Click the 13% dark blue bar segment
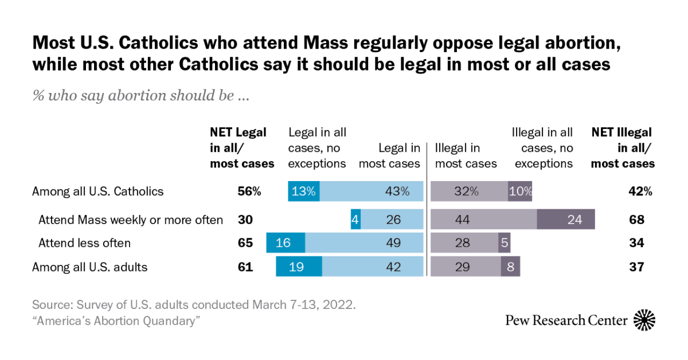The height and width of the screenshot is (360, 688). (x=303, y=191)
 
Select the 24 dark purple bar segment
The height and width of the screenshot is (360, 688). (x=565, y=220)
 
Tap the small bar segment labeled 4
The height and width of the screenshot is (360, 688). (x=355, y=220)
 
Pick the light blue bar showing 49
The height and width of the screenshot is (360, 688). (x=364, y=243)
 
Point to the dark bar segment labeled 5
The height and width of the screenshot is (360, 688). (x=505, y=243)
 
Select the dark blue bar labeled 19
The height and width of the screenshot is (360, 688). (x=299, y=267)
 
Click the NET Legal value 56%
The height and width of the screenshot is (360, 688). (x=249, y=191)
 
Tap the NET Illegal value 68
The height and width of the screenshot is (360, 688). (x=636, y=220)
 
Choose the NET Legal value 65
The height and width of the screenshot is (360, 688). (x=245, y=243)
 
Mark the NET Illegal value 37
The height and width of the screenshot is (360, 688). (x=636, y=267)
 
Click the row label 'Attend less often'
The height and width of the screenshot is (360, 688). (x=84, y=243)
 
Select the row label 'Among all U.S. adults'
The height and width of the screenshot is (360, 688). (x=90, y=267)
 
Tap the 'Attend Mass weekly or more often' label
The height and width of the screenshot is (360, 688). (x=130, y=220)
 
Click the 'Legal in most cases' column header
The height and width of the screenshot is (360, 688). (x=389, y=156)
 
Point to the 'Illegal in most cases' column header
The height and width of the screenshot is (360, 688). (x=466, y=156)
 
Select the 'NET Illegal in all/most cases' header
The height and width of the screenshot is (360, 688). (x=623, y=148)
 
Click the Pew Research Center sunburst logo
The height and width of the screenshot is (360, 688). (x=644, y=320)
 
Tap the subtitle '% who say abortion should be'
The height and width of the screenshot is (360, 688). (x=140, y=95)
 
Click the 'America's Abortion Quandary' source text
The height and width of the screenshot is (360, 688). (x=116, y=321)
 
